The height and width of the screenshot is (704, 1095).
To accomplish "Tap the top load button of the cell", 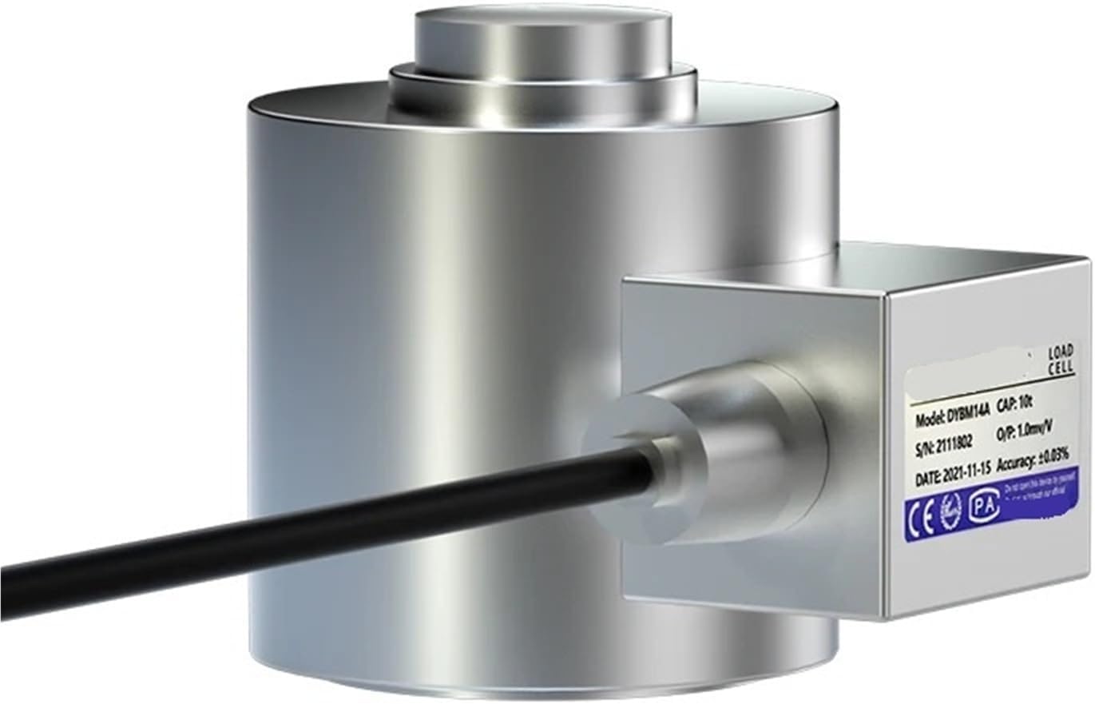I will tap(543, 44).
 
